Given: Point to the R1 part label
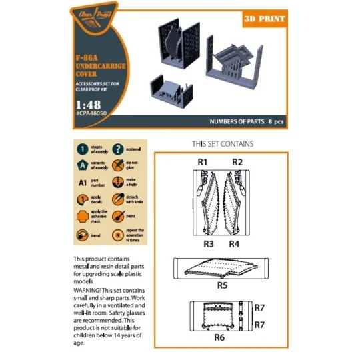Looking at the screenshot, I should click(x=203, y=162).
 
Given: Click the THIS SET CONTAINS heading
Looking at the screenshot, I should click(x=222, y=144).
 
